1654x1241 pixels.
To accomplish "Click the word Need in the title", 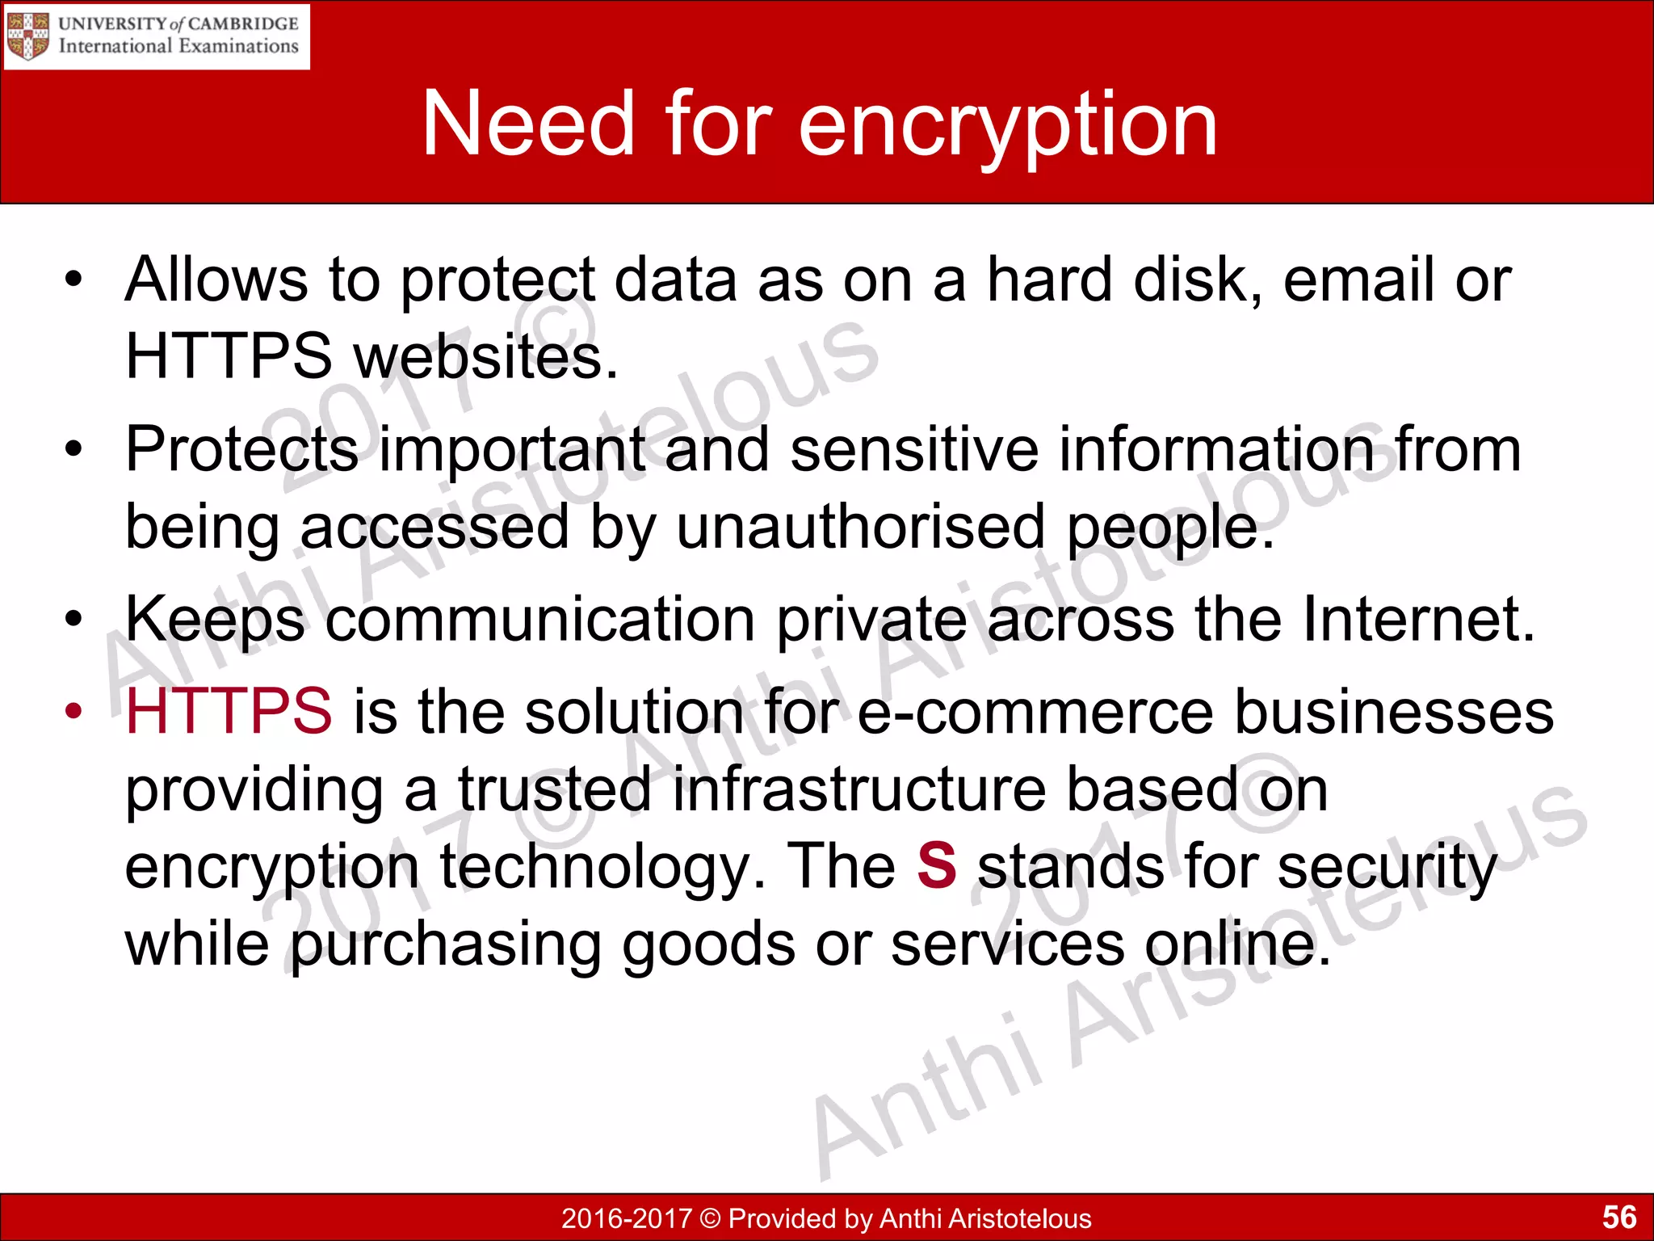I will (528, 125).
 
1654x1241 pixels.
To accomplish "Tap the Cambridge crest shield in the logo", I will (27, 36).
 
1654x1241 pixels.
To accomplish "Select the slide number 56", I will (1618, 1217).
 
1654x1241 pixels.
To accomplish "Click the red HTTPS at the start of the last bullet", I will (229, 711).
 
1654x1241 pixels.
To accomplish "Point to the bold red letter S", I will (937, 865).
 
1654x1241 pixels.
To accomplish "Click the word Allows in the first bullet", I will (216, 280).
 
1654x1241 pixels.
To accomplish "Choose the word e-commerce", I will (1035, 711).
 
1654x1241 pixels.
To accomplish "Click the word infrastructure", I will (859, 789).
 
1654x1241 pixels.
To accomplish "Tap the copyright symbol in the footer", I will (710, 1218).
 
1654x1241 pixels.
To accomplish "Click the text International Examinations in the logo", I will (178, 46).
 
